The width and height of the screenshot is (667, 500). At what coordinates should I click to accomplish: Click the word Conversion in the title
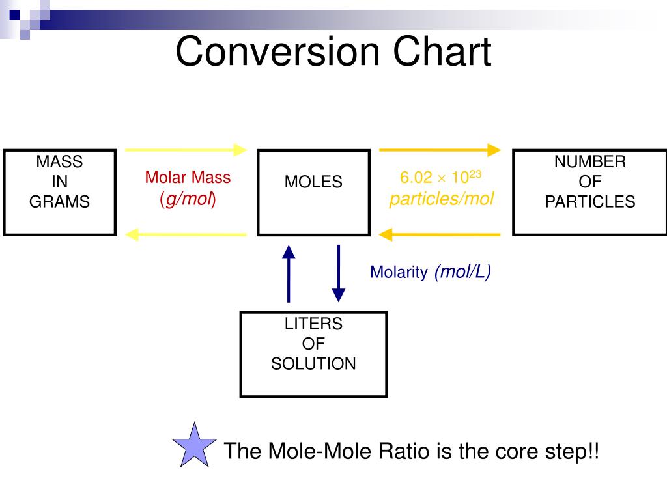277,51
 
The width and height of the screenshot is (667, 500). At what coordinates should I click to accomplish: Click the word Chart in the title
442,51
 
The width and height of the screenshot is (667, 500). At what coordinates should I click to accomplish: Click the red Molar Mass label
188,177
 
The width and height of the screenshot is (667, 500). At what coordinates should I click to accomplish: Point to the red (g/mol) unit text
188,199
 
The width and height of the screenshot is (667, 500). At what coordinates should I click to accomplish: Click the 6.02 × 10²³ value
441,177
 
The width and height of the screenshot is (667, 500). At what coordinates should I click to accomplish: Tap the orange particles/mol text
442,199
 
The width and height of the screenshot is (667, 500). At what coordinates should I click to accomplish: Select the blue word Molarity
399,272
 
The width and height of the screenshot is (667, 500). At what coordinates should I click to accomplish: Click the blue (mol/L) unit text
463,272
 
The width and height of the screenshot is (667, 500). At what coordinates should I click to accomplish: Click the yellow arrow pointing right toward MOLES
186,150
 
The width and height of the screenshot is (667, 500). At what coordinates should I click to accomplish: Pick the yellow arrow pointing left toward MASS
186,234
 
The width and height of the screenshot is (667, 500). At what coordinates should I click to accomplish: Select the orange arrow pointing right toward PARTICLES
440,150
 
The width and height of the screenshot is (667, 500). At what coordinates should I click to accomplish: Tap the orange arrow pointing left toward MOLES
440,234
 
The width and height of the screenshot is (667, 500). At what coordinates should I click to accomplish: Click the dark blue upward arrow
289,274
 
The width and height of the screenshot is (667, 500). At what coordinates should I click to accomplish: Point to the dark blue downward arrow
339,273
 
